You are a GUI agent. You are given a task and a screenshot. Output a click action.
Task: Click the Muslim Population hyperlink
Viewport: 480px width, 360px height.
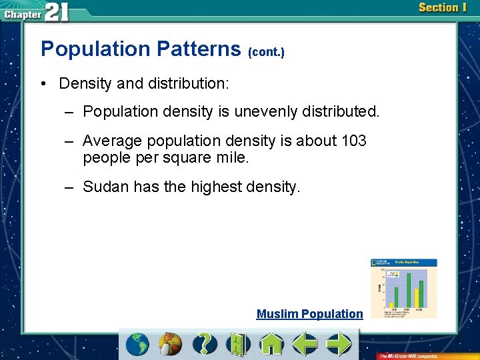(309, 314)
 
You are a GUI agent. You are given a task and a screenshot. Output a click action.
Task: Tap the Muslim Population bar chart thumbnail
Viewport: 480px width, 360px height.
(404, 288)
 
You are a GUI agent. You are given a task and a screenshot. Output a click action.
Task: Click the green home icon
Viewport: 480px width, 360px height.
(271, 345)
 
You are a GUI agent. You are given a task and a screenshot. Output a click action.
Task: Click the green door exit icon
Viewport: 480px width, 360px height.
(237, 345)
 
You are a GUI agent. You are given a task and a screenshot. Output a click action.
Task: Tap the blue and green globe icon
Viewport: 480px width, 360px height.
(138, 345)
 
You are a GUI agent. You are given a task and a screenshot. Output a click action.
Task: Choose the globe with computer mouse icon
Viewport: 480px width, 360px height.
(171, 345)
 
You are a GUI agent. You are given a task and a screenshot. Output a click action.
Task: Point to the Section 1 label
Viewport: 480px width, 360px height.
(443, 8)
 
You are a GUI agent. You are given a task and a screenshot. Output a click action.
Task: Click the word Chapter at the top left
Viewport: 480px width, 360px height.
(22, 13)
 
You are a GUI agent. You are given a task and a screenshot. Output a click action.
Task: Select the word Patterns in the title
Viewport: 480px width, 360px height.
(199, 49)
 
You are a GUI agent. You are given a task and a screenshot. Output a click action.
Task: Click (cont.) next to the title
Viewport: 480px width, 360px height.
(266, 51)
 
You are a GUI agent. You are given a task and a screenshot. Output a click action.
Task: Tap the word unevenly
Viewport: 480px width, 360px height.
(258, 111)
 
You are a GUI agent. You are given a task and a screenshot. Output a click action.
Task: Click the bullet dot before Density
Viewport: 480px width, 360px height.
(43, 84)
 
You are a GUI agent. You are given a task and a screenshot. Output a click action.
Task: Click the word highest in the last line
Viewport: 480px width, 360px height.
(217, 187)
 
